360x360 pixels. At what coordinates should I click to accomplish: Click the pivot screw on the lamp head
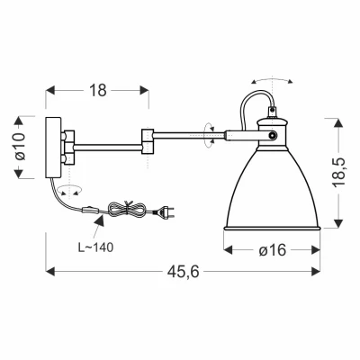coord(273,136)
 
